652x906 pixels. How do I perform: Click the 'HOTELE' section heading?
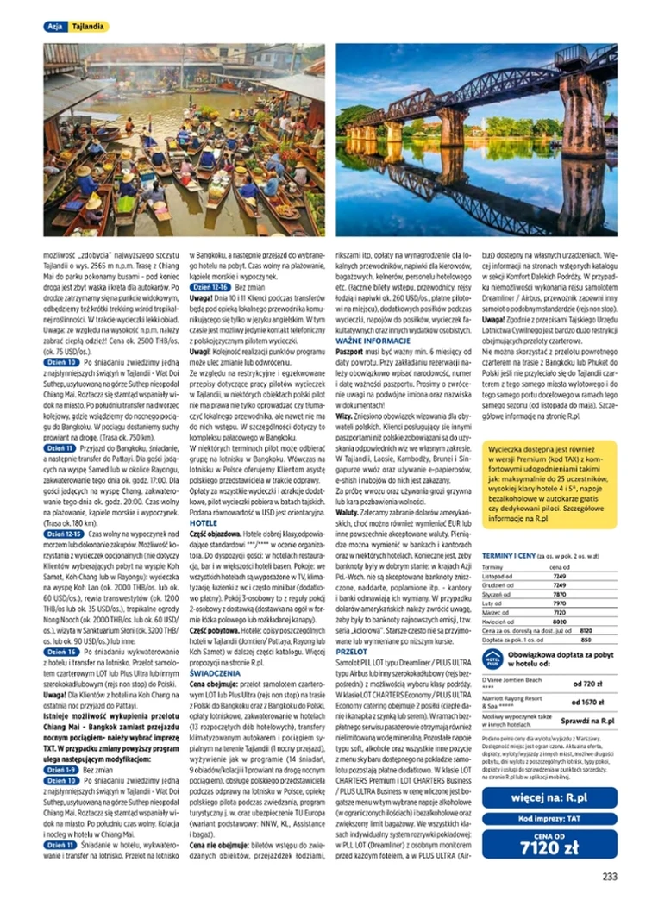click(x=202, y=522)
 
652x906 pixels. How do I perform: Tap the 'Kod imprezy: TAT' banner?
click(x=549, y=819)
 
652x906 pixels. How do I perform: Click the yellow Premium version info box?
click(x=549, y=492)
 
